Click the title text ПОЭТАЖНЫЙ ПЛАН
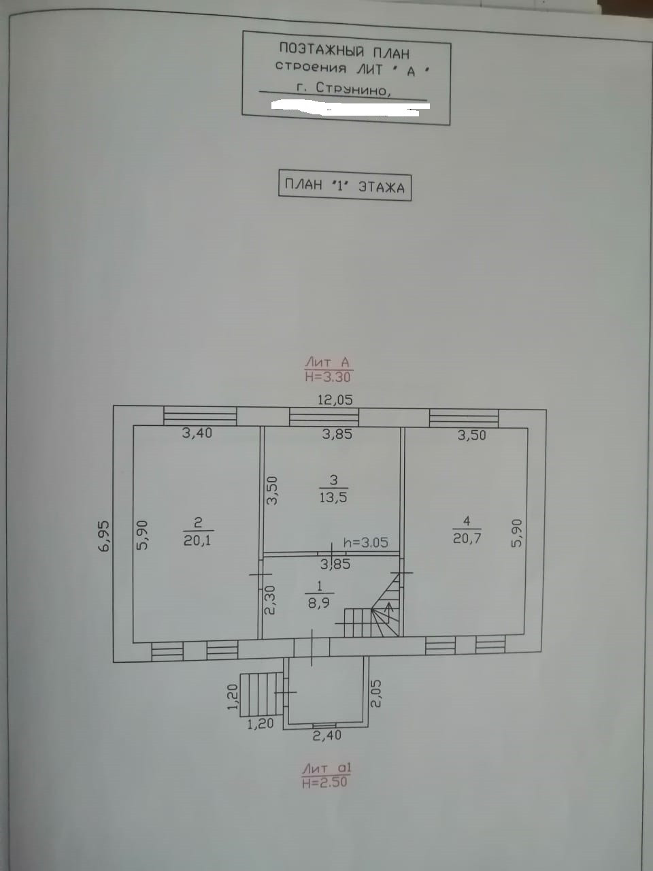(344, 51)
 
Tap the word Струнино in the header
(353, 89)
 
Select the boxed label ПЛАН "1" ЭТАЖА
(344, 186)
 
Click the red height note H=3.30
(327, 376)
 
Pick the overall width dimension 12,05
(335, 399)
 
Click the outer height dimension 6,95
(104, 536)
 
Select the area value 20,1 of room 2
(197, 540)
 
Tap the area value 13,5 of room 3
(334, 497)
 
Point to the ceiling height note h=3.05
(366, 542)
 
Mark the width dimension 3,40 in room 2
(197, 433)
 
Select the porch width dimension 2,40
(326, 735)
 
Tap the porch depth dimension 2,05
(376, 693)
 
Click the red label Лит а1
(327, 768)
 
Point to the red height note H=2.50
(325, 782)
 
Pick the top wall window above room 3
(324, 417)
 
